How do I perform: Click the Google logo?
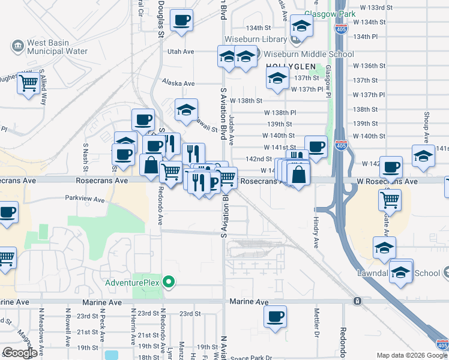(20, 353)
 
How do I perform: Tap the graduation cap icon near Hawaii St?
(187, 109)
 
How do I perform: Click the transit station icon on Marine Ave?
(357, 301)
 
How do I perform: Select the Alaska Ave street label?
(178, 83)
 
